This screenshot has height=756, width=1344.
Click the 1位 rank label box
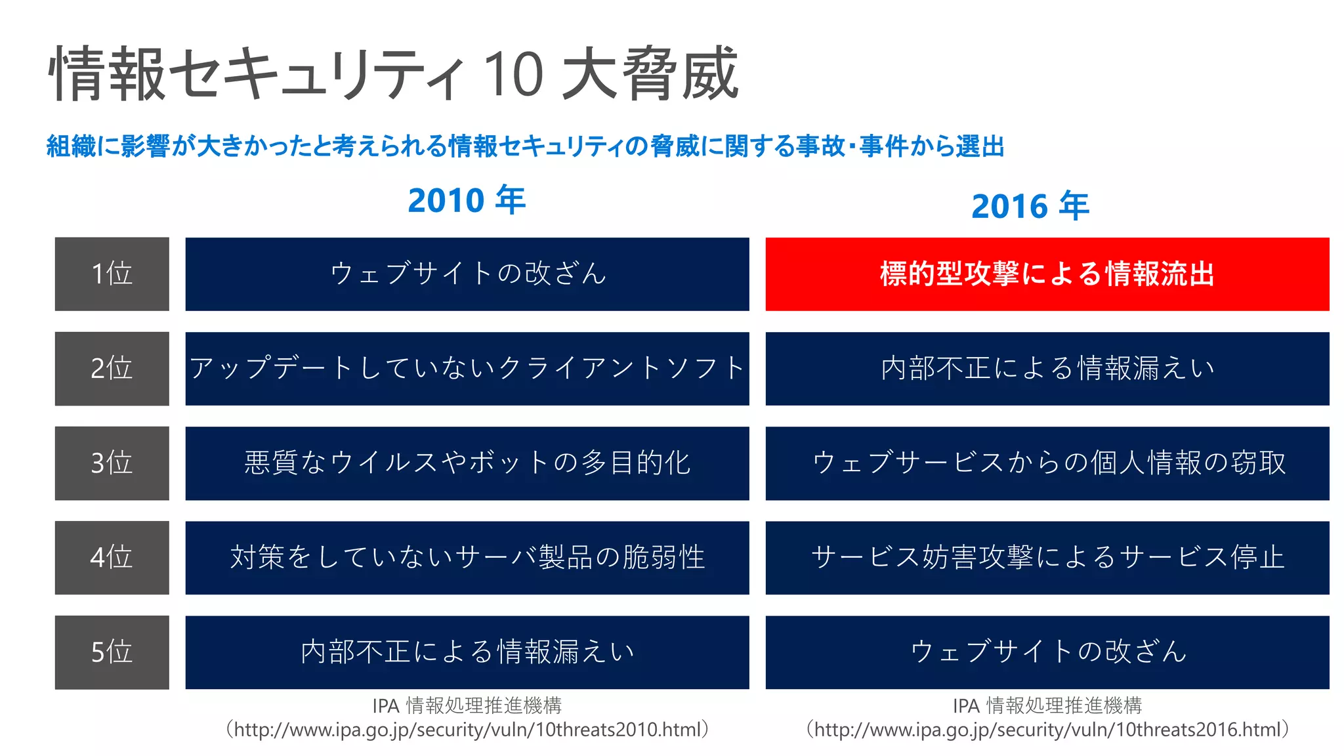point(112,274)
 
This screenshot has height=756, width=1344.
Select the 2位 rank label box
point(112,368)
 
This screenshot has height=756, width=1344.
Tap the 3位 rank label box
point(112,463)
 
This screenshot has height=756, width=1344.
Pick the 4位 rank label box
point(112,557)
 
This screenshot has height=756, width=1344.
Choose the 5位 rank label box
point(112,652)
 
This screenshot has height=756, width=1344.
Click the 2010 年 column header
point(467,200)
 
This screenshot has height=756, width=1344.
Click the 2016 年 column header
point(1030,206)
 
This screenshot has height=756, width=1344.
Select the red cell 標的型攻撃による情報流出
point(1047,274)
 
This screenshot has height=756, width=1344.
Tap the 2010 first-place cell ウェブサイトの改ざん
point(467,274)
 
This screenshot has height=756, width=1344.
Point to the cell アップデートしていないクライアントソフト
point(467,368)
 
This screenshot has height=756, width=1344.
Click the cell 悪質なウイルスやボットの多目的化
point(467,463)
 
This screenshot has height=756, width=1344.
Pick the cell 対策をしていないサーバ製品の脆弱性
point(467,557)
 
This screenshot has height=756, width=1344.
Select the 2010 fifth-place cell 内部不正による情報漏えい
point(467,652)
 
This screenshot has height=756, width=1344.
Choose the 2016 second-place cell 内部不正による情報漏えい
point(1047,368)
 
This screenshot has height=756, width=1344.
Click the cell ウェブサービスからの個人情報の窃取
point(1047,463)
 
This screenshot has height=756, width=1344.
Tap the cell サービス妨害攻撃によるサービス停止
point(1047,557)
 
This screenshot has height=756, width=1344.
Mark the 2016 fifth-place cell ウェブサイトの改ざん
point(1047,652)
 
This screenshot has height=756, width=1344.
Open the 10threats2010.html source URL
point(467,730)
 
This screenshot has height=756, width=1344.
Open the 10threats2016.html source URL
point(1047,730)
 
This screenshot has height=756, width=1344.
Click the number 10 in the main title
point(513,73)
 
